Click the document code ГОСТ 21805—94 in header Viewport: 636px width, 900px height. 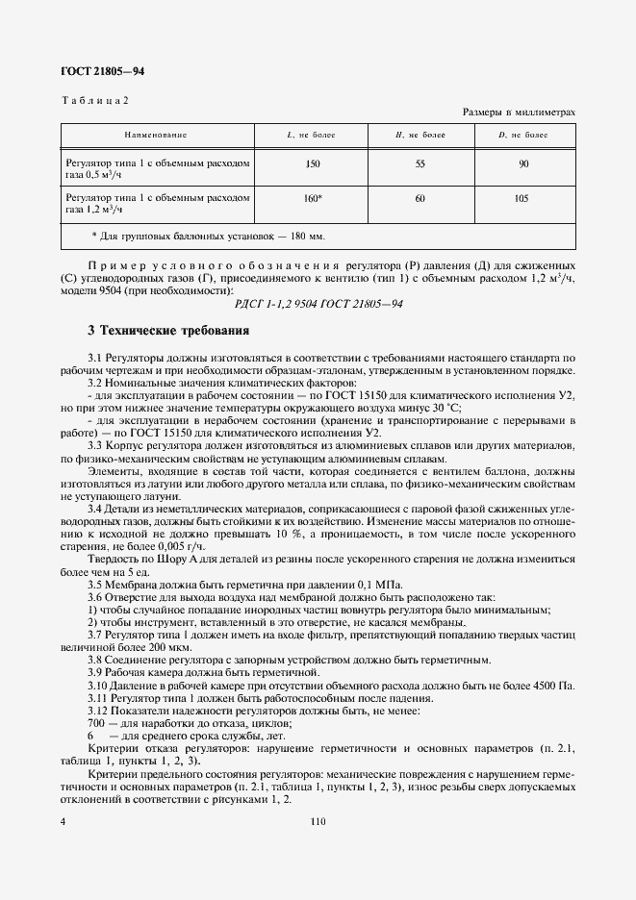(x=103, y=71)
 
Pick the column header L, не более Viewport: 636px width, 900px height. (x=312, y=136)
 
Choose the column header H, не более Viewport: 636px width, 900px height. (x=420, y=136)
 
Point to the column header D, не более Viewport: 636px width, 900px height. (x=523, y=136)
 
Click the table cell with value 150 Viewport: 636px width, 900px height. (x=312, y=164)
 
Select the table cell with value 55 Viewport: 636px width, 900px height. (x=420, y=164)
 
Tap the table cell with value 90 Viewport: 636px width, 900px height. (x=523, y=164)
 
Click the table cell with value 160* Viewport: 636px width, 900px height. (x=313, y=198)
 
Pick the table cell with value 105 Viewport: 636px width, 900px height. (x=523, y=198)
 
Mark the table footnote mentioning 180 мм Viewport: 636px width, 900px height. (x=208, y=236)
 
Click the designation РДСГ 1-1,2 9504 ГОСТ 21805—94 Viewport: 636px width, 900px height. (x=318, y=304)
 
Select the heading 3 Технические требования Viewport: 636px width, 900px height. (x=168, y=332)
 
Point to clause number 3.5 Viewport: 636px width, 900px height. (x=97, y=584)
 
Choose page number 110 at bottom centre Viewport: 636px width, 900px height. (x=318, y=822)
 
